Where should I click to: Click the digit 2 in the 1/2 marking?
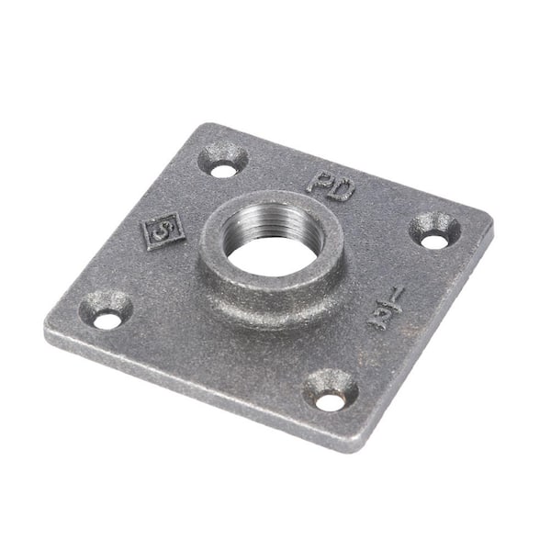click(x=378, y=317)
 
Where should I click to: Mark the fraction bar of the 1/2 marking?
click(x=386, y=307)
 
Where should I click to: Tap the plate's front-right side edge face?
click(x=422, y=340)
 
